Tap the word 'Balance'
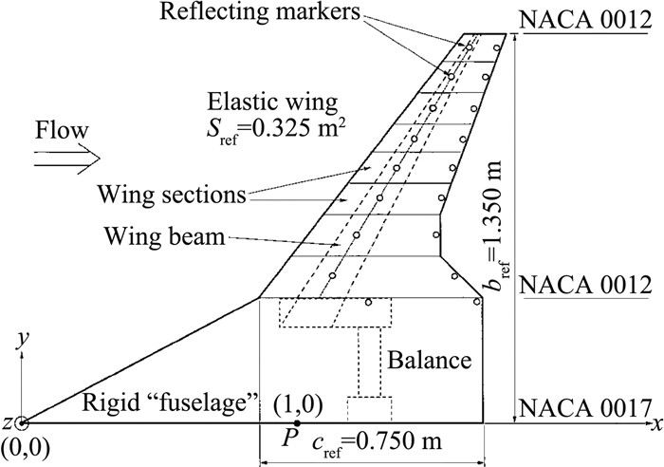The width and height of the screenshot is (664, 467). click(x=426, y=361)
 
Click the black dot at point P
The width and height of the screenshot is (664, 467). click(x=297, y=423)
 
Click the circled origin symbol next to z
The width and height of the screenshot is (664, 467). click(x=21, y=423)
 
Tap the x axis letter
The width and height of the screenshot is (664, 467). click(x=655, y=419)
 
